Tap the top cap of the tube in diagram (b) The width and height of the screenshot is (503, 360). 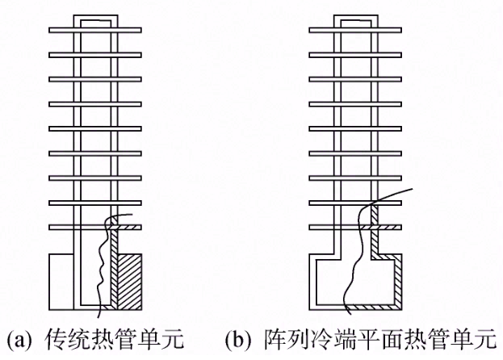click(x=356, y=18)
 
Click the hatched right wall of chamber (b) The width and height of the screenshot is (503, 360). click(x=400, y=283)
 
